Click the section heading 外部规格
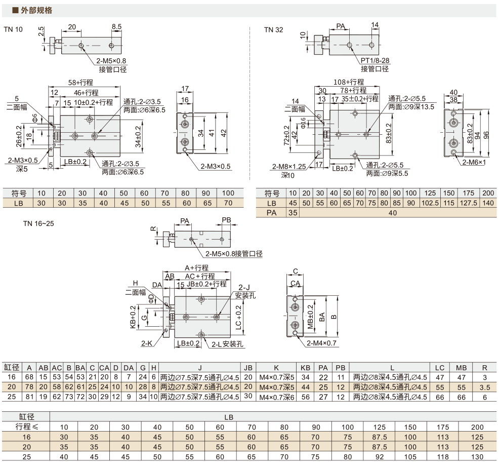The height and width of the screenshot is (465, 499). pyautogui.click(x=36, y=10)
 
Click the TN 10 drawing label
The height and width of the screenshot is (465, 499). pyautogui.click(x=13, y=29)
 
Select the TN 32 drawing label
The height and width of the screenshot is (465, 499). pyautogui.click(x=273, y=30)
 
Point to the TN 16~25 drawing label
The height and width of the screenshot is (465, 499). pyautogui.click(x=38, y=223)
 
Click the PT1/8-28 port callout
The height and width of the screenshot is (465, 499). pyautogui.click(x=375, y=60)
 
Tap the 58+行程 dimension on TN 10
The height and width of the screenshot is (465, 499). pyautogui.click(x=80, y=83)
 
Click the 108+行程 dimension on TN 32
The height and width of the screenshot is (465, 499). pyautogui.click(x=349, y=82)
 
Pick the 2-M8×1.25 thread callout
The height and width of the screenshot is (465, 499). pyautogui.click(x=289, y=166)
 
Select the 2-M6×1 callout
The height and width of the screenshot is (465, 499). pyautogui.click(x=474, y=162)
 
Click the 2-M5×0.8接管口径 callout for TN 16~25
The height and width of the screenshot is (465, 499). pyautogui.click(x=234, y=254)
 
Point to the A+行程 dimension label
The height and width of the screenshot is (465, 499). pyautogui.click(x=197, y=268)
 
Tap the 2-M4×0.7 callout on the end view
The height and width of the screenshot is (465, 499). pyautogui.click(x=321, y=343)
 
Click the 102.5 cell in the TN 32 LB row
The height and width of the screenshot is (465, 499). pyautogui.click(x=430, y=203)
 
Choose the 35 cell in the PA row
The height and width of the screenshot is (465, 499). pyautogui.click(x=293, y=213)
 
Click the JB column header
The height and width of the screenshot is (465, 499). pyautogui.click(x=248, y=368)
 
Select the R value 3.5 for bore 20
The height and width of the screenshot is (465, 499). pyautogui.click(x=485, y=387)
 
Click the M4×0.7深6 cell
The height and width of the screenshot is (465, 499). pyautogui.click(x=276, y=397)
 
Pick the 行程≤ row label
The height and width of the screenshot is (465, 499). pyautogui.click(x=26, y=427)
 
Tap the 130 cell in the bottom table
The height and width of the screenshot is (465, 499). pyautogui.click(x=477, y=457)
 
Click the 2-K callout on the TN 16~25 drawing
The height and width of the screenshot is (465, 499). pyautogui.click(x=147, y=343)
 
